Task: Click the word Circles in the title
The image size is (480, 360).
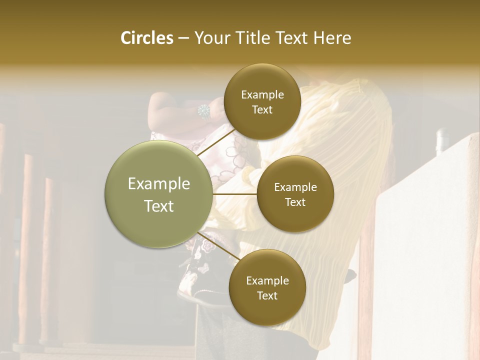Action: [x=146, y=38]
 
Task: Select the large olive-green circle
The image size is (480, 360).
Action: [x=159, y=194]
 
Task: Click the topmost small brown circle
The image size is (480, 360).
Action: [x=262, y=102]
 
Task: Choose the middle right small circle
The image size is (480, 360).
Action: [x=295, y=194]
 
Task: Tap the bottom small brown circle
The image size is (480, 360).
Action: [x=267, y=287]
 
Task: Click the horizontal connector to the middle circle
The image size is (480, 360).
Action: [x=235, y=194]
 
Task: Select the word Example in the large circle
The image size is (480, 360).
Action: [x=159, y=184]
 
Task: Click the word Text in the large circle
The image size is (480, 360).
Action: [x=159, y=206]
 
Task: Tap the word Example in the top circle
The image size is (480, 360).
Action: [x=262, y=95]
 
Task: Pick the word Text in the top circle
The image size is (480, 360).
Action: [x=262, y=110]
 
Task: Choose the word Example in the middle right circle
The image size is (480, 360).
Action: [x=295, y=187]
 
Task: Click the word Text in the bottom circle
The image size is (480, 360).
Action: [x=267, y=295]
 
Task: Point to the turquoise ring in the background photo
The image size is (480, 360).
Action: [x=204, y=111]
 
